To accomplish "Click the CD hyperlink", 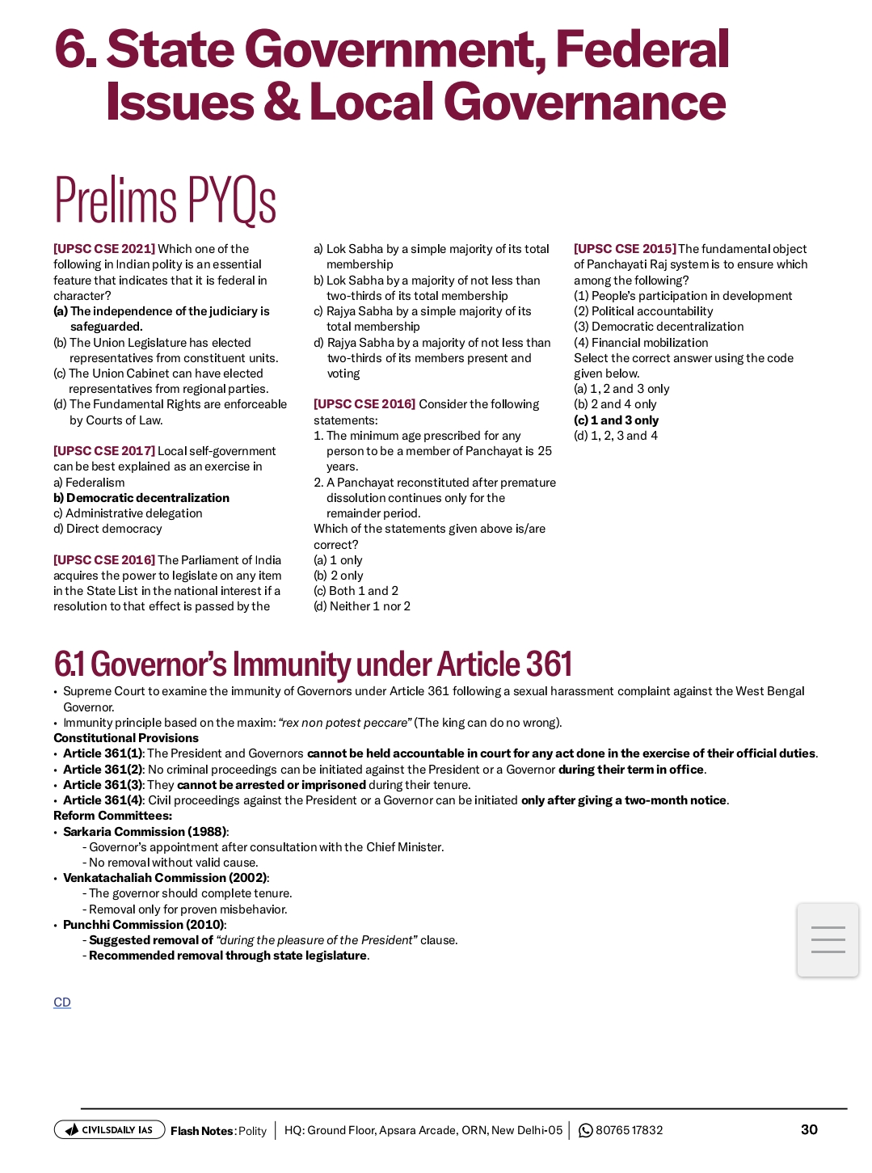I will (62, 1002).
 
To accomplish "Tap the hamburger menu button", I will (828, 940).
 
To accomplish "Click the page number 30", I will (809, 1129).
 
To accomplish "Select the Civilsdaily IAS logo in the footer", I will (109, 1130).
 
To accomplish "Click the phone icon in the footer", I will (586, 1130).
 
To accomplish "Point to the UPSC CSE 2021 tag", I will (104, 249).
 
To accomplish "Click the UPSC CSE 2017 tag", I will (104, 451).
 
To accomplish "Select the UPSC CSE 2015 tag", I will (625, 249).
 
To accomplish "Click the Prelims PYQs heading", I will (166, 200).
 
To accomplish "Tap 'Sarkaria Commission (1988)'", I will (145, 832).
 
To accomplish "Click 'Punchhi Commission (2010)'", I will (144, 925).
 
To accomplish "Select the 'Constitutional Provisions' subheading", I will (126, 738).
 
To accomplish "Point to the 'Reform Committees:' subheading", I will (112, 816).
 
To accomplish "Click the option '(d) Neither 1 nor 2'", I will (362, 606).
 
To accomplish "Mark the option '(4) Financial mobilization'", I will (641, 343).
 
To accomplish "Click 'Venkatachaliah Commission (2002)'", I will (166, 878).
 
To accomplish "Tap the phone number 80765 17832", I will (629, 1130).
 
